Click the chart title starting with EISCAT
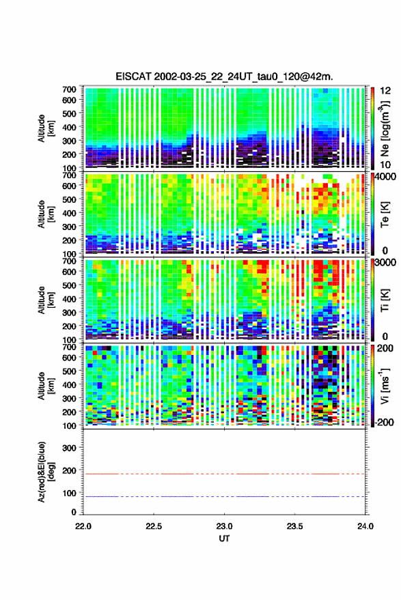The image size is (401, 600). pyautogui.click(x=225, y=76)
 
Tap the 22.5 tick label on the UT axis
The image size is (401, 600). pyautogui.click(x=154, y=526)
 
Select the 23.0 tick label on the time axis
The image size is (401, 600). pyautogui.click(x=224, y=526)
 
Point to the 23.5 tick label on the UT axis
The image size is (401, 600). pyautogui.click(x=294, y=526)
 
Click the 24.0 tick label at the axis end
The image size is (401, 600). pyautogui.click(x=365, y=526)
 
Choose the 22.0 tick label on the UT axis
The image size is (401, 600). pyautogui.click(x=83, y=526)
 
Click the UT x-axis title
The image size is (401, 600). pyautogui.click(x=224, y=539)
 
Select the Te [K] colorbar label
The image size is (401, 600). pyautogui.click(x=385, y=214)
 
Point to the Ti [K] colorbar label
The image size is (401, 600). pyautogui.click(x=385, y=300)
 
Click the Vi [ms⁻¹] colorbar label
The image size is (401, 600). pyautogui.click(x=385, y=386)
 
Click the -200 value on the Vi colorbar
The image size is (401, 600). pyautogui.click(x=384, y=422)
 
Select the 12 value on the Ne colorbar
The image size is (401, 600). pyautogui.click(x=385, y=91)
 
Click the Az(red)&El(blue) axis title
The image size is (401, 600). pyautogui.click(x=45, y=472)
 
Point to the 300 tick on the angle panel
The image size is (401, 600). pyautogui.click(x=69, y=448)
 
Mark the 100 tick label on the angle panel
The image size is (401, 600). pyautogui.click(x=69, y=494)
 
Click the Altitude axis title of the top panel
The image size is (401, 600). pyautogui.click(x=46, y=128)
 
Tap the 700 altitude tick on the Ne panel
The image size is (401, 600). pyautogui.click(x=69, y=89)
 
